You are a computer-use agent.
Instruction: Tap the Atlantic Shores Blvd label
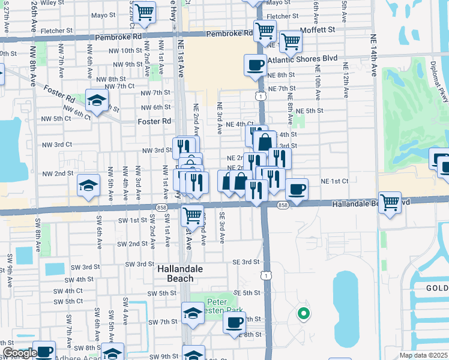click(304, 59)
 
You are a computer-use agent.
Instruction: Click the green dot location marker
click(304, 313)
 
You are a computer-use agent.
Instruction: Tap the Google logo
click(18, 353)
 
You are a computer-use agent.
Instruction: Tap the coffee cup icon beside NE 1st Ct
click(297, 189)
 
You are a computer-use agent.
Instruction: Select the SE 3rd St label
click(246, 262)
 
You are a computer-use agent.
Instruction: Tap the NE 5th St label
click(310, 111)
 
